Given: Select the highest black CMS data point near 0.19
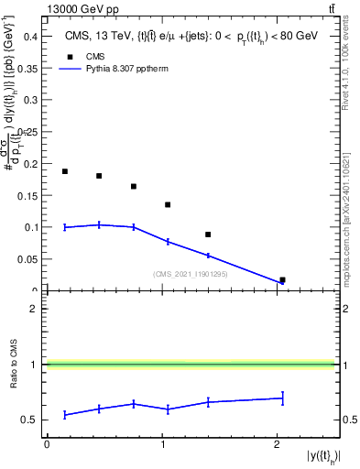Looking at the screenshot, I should [65, 171].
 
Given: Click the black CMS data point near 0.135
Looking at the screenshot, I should [168, 205].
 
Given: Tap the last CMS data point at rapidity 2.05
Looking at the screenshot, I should [282, 280].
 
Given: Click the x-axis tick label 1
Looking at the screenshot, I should [162, 445].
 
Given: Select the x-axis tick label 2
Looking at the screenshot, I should [277, 445].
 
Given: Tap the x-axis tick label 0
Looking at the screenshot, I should [47, 445].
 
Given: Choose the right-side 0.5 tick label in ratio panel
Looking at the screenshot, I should [348, 420].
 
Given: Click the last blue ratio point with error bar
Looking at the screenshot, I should [282, 398].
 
